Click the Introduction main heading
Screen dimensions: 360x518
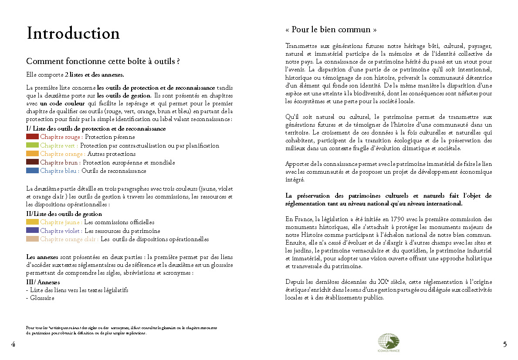(x=73, y=34)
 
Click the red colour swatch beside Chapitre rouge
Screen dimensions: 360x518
(x=33, y=137)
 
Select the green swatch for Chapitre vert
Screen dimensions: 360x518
(x=33, y=145)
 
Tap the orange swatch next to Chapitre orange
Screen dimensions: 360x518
(x=33, y=154)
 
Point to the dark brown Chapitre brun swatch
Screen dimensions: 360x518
(x=33, y=162)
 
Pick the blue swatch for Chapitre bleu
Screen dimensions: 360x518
(x=33, y=171)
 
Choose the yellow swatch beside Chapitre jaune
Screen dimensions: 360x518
(x=33, y=222)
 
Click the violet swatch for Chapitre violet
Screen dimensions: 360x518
(x=33, y=231)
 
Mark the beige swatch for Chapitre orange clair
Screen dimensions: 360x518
(x=33, y=239)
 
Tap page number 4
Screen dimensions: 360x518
(x=13, y=344)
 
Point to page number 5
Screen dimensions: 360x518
(x=505, y=344)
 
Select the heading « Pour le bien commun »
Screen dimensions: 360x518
(x=331, y=30)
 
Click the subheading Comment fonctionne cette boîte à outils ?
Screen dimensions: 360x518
(x=103, y=61)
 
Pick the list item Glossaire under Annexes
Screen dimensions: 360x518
(x=41, y=298)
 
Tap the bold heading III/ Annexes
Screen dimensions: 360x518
(x=43, y=282)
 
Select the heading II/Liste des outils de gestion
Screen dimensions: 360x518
(x=64, y=214)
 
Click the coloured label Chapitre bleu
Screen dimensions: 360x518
(x=60, y=171)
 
